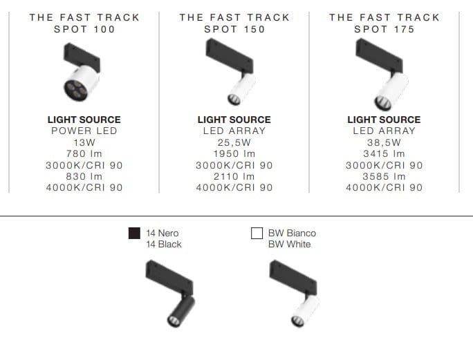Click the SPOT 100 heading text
[x=84, y=29]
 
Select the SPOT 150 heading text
[x=234, y=29]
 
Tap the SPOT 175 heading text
[x=384, y=29]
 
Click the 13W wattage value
[x=84, y=142]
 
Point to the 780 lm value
[x=84, y=153]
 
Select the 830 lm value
[x=84, y=176]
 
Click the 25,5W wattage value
[x=234, y=142]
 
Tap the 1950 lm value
[x=234, y=153]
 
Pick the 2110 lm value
[x=234, y=176]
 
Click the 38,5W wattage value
[x=384, y=142]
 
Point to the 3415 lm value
[x=384, y=153]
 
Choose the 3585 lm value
[x=384, y=176]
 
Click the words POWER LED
[x=84, y=131]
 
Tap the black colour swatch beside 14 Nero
[x=133, y=234]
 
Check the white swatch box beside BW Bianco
[x=257, y=234]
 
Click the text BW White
[x=290, y=245]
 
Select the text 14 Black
[x=164, y=245]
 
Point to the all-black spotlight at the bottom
[x=169, y=293]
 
